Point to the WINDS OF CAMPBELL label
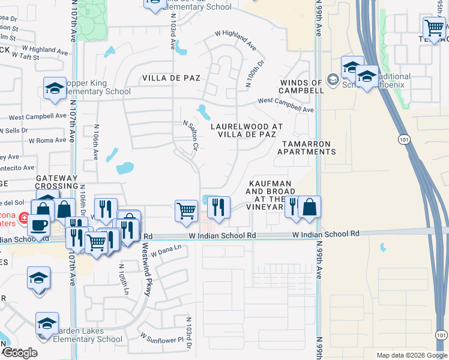(x=301, y=86)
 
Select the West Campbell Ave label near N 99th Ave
(x=286, y=106)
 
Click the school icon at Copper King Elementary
(x=55, y=88)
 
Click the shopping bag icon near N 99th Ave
(x=309, y=207)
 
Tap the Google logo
(x=20, y=353)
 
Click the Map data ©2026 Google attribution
(x=411, y=355)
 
